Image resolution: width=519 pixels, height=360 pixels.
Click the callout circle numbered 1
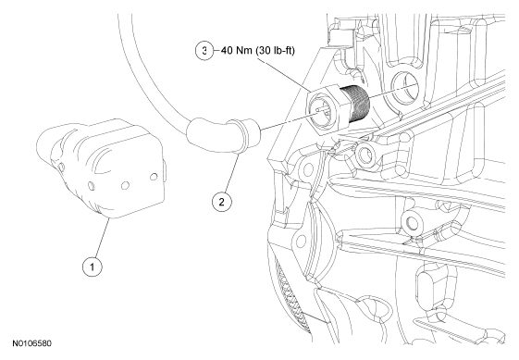tap(92, 267)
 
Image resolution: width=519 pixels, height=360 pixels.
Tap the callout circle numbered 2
tap(221, 202)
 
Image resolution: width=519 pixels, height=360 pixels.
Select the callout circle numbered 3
tap(205, 51)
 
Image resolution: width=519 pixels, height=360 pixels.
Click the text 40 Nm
tap(236, 50)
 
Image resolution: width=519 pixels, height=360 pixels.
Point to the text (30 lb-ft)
tap(275, 50)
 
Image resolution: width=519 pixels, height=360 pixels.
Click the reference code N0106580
tap(32, 343)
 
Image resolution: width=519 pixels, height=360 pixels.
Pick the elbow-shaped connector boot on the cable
tap(218, 135)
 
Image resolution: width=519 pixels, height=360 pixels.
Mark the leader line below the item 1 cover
tap(100, 238)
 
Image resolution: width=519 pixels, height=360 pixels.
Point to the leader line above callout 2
tap(229, 173)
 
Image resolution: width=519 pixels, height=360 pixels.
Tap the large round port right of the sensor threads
tap(404, 87)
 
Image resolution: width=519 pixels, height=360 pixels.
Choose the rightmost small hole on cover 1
tap(154, 177)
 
